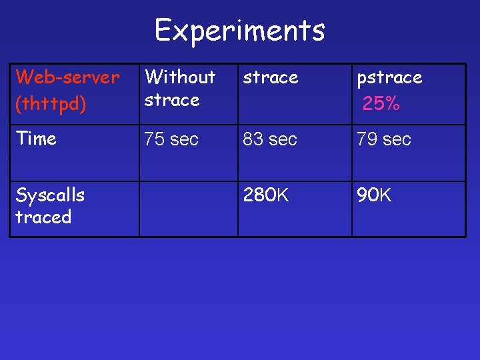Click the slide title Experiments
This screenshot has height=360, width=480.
240,30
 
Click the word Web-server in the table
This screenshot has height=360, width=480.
67,77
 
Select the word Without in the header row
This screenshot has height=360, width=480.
180,77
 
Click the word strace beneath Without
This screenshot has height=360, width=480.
172,100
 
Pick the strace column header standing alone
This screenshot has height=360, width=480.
270,77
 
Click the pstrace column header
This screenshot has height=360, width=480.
389,78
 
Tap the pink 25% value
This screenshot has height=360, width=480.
381,103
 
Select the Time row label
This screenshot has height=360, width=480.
36,139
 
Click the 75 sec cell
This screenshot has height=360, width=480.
171,139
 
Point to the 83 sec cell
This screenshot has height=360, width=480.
270,139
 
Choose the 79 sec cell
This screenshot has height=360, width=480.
384,139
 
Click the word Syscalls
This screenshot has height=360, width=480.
50,195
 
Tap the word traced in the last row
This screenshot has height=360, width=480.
43,217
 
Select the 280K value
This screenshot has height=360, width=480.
266,195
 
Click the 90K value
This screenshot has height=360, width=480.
374,195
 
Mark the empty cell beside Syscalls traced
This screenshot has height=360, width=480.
188,209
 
